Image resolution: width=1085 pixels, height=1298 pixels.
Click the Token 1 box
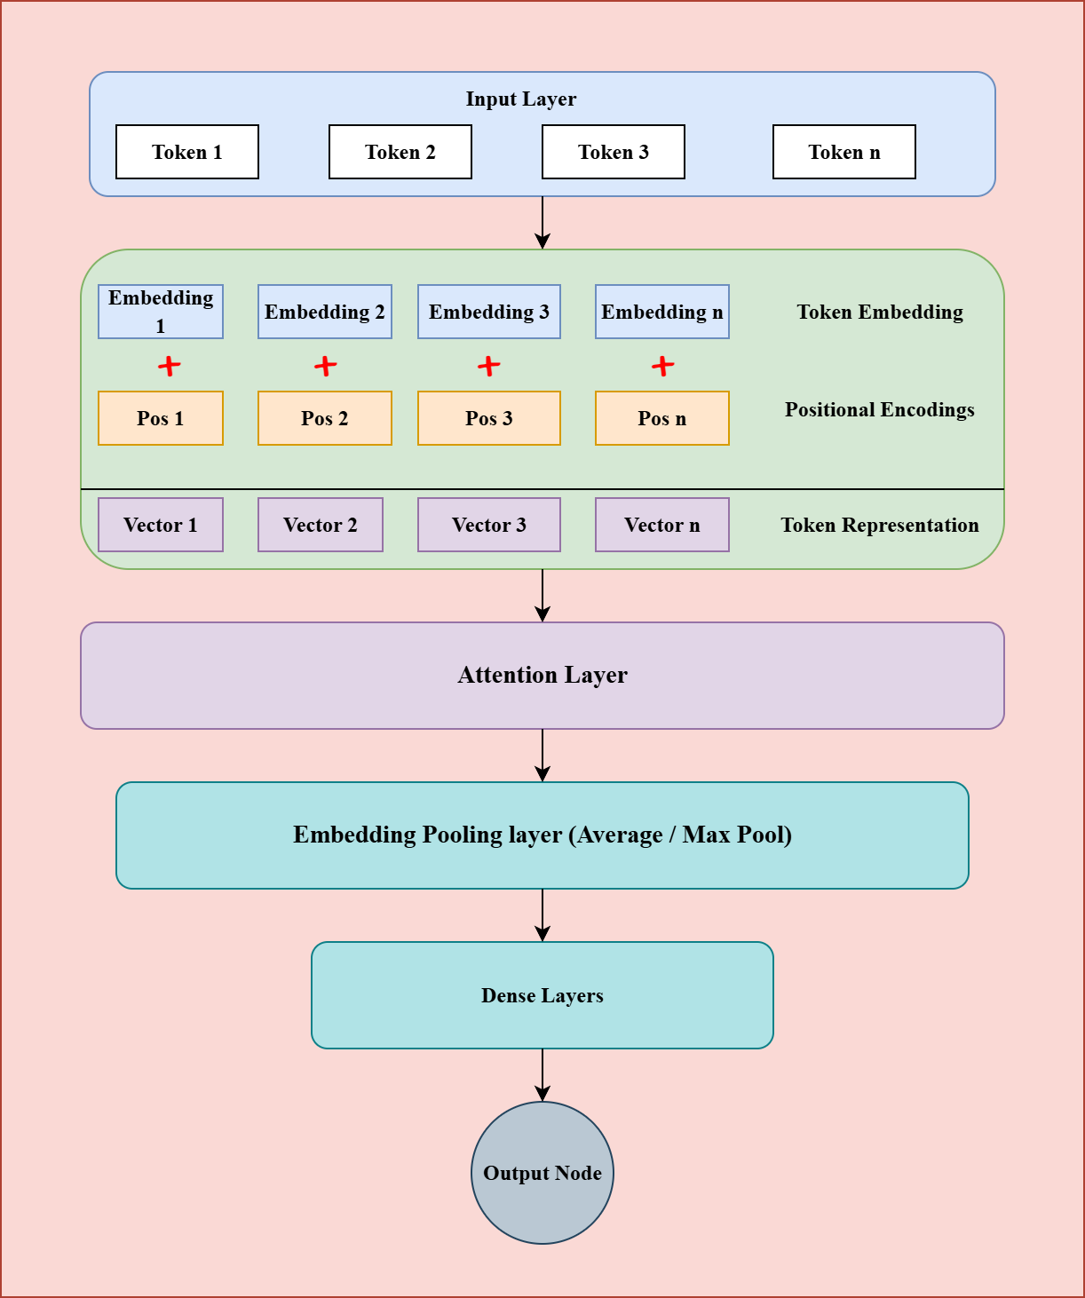click(187, 152)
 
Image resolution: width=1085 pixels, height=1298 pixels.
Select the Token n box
click(843, 152)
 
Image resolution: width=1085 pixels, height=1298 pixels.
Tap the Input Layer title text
click(520, 99)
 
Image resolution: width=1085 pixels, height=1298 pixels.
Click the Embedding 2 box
click(324, 312)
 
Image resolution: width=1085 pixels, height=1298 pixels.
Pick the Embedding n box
click(661, 312)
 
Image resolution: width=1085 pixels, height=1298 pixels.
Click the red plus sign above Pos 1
click(169, 366)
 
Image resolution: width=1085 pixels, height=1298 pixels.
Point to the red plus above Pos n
click(662, 366)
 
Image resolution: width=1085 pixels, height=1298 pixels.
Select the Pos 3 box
click(488, 418)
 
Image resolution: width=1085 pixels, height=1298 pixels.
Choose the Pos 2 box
click(324, 418)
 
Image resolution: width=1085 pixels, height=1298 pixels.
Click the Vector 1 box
click(160, 525)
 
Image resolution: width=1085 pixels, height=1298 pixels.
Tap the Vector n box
click(661, 525)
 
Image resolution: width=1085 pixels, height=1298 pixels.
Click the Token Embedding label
click(879, 313)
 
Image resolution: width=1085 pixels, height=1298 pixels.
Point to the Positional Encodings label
click(879, 410)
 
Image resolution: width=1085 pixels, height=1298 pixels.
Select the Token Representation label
click(879, 526)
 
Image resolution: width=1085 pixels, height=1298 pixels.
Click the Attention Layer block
click(542, 676)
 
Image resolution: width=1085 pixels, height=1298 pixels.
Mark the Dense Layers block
click(542, 995)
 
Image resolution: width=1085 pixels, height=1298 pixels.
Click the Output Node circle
click(542, 1173)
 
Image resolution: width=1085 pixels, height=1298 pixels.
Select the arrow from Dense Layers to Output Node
click(542, 1074)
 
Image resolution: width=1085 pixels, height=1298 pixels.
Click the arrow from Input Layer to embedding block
click(542, 222)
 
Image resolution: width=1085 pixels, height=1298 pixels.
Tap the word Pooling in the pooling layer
click(458, 835)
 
